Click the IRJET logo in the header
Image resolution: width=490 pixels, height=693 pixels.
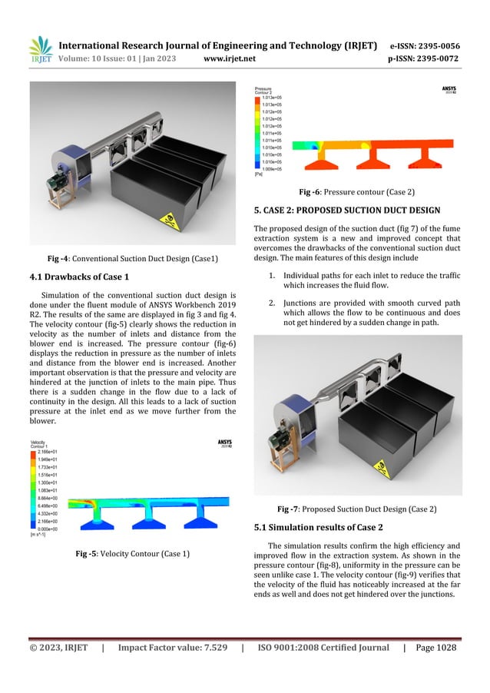click(x=39, y=51)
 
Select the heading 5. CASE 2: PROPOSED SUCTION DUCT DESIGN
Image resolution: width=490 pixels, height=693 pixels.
click(x=346, y=210)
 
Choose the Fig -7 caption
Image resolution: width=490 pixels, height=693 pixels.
click(x=357, y=509)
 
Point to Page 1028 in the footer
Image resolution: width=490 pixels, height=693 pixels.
click(x=435, y=648)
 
